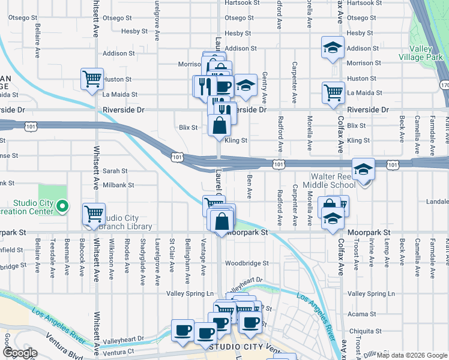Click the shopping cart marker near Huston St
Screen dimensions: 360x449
92,79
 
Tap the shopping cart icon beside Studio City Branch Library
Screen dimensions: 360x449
94,214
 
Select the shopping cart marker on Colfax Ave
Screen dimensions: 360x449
333,92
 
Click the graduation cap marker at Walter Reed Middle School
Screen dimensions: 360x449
363,169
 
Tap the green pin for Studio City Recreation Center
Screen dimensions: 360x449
62,208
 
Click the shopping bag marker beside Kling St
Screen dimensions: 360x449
219,125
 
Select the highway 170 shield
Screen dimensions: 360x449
444,86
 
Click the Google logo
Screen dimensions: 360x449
19,353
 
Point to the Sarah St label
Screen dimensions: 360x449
114,170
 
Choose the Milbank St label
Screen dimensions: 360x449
118,185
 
